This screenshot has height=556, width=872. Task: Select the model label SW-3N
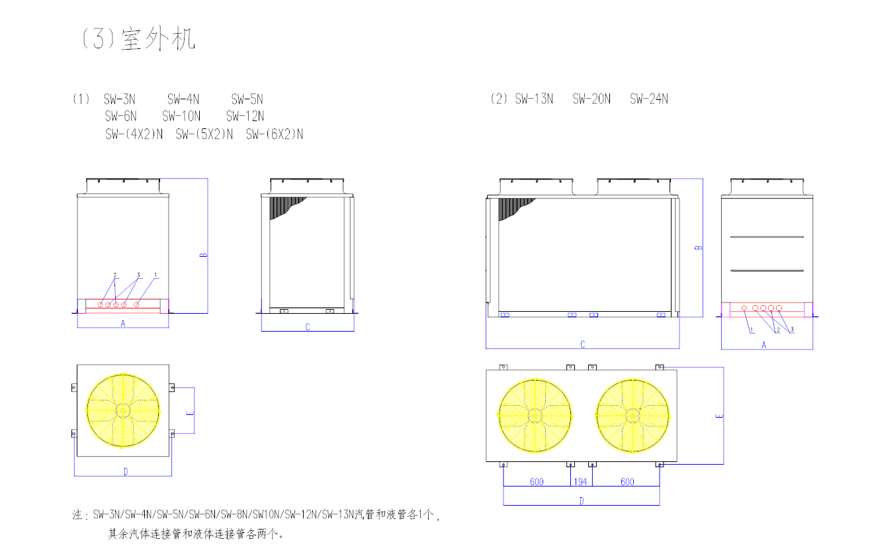pyautogui.click(x=120, y=99)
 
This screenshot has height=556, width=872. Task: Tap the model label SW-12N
pyautogui.click(x=245, y=116)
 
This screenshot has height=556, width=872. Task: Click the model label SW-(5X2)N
pyautogui.click(x=204, y=134)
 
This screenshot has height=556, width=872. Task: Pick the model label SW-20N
pyautogui.click(x=591, y=99)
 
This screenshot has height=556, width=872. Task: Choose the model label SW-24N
pyautogui.click(x=649, y=99)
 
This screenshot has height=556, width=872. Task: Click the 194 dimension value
pyautogui.click(x=581, y=481)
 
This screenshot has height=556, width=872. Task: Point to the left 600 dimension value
pyautogui.click(x=537, y=481)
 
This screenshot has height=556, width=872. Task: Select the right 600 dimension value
pyautogui.click(x=626, y=481)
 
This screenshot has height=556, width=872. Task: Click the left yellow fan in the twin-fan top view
pyautogui.click(x=535, y=416)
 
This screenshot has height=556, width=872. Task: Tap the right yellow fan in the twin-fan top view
pyautogui.click(x=632, y=416)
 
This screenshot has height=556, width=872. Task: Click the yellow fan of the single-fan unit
pyautogui.click(x=123, y=410)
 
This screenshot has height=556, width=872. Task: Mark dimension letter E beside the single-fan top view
pyautogui.click(x=191, y=412)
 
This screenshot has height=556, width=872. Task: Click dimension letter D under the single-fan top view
pyautogui.click(x=126, y=471)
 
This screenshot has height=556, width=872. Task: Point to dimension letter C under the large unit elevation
pyautogui.click(x=582, y=344)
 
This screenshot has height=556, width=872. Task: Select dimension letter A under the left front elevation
pyautogui.click(x=123, y=323)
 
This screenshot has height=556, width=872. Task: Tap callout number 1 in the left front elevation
pyautogui.click(x=155, y=274)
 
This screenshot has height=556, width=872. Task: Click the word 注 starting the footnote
pyautogui.click(x=77, y=514)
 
